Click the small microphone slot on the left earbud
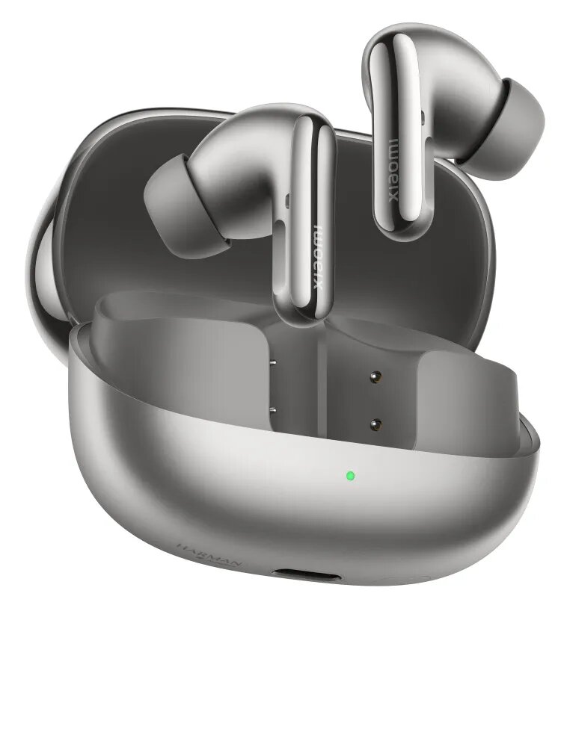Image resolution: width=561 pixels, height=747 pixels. click(288, 199)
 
